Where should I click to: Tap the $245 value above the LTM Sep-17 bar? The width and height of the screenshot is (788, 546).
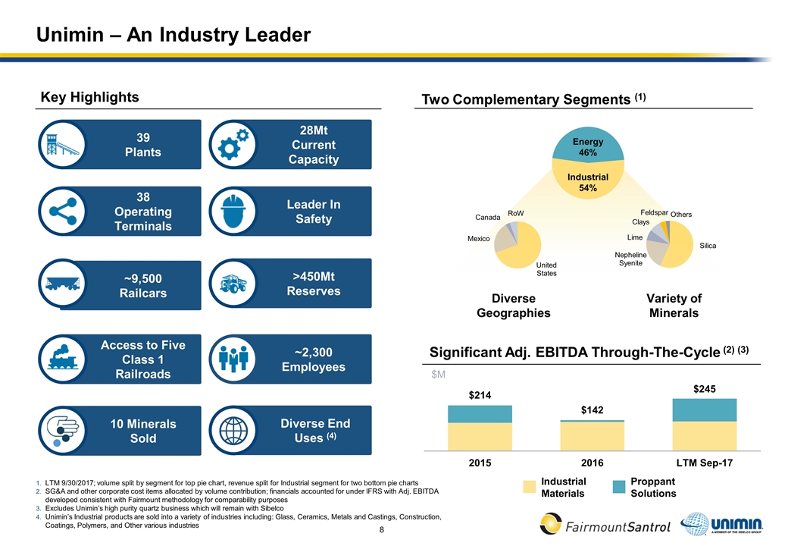click(x=705, y=388)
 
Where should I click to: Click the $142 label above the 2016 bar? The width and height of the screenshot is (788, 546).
click(x=592, y=409)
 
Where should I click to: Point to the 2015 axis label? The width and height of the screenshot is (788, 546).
click(x=480, y=462)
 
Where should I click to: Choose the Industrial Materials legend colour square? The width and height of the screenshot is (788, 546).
click(x=527, y=487)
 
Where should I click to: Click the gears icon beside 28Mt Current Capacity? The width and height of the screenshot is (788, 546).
click(x=233, y=145)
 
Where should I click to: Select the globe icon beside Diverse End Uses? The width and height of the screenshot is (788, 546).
click(x=233, y=430)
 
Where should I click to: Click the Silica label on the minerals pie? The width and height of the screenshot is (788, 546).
click(x=708, y=246)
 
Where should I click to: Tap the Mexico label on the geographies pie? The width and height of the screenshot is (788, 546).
click(x=479, y=239)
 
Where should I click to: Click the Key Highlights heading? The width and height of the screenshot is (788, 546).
click(x=89, y=97)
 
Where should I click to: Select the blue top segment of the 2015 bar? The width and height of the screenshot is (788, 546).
click(x=480, y=414)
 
